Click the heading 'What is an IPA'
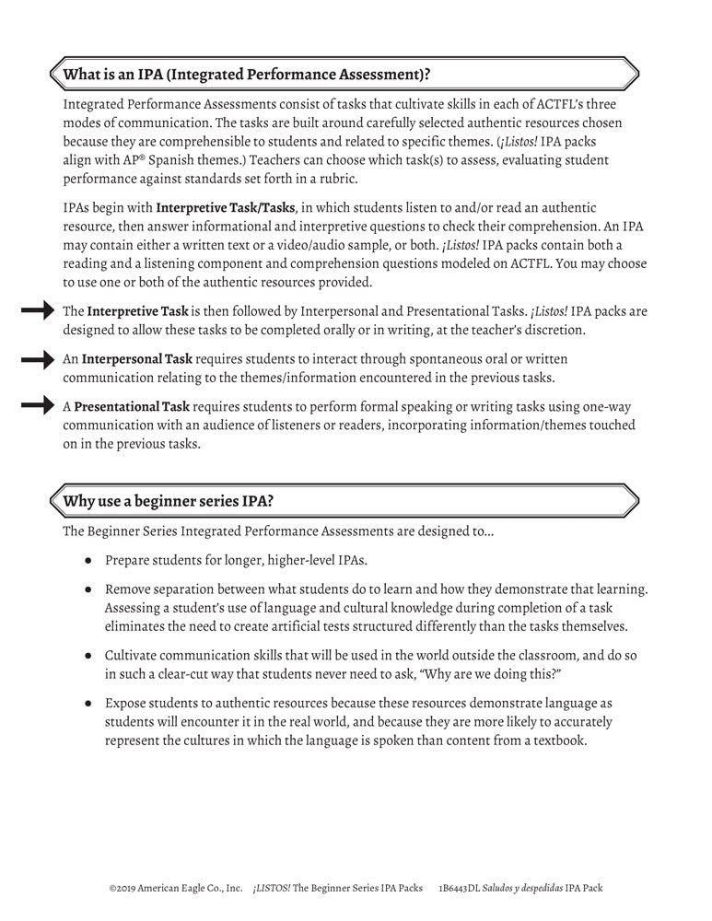[x=246, y=73]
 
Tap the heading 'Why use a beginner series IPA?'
[x=167, y=501]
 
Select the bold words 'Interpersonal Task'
[x=139, y=360]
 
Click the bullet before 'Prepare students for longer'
[x=88, y=559]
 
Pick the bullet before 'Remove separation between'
[x=88, y=589]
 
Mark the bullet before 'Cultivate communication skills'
[x=88, y=655]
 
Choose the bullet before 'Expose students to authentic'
[x=88, y=703]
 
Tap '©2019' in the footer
[x=123, y=889]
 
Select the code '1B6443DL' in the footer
[x=461, y=889]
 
